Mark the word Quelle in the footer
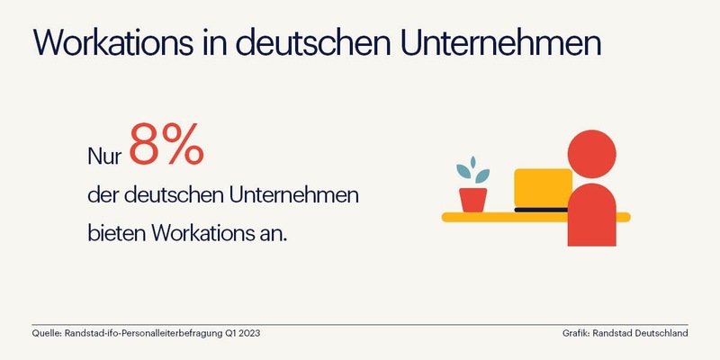(x=45, y=334)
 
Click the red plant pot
(x=472, y=199)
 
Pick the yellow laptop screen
(x=542, y=187)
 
